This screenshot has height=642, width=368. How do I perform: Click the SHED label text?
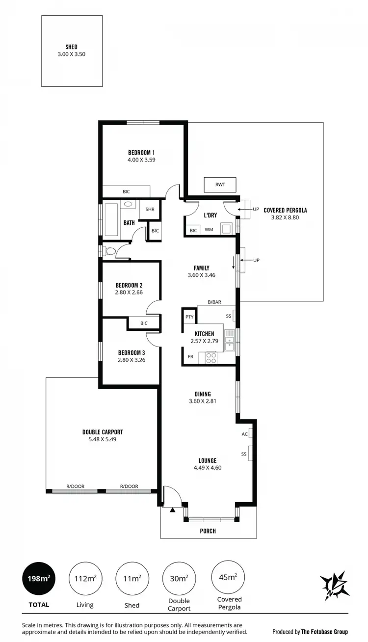tap(72, 47)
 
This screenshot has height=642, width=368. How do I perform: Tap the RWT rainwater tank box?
tap(220, 185)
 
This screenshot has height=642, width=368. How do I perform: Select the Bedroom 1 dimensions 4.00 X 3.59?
tap(142, 160)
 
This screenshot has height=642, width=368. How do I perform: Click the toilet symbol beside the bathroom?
tap(110, 251)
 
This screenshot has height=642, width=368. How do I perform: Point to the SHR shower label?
tap(150, 210)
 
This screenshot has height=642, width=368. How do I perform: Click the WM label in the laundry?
tap(209, 230)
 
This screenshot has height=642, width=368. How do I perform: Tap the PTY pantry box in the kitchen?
tap(189, 317)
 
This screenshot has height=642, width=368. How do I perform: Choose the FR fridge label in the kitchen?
tap(190, 356)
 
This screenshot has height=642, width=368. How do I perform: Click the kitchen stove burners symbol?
tap(211, 358)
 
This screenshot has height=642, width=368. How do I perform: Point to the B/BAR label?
tap(214, 302)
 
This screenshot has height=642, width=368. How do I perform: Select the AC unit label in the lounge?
tap(244, 434)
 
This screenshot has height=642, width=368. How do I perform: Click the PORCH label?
tap(208, 531)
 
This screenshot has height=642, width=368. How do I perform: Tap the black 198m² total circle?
tap(39, 579)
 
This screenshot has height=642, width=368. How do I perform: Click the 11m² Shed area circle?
tap(132, 579)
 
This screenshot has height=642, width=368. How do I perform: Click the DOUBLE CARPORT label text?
tap(103, 432)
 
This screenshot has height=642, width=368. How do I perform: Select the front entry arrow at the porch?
tap(172, 510)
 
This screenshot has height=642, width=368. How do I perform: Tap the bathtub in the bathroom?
tap(112, 219)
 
